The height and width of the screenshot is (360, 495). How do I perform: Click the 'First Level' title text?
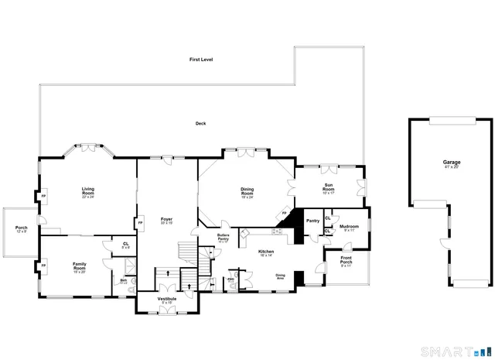pyautogui.click(x=201, y=60)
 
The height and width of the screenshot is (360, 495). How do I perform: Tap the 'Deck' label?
pyautogui.click(x=200, y=123)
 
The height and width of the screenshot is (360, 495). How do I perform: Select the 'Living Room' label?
pyautogui.click(x=87, y=190)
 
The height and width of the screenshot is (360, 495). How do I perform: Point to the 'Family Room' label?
pyautogui.click(x=80, y=266)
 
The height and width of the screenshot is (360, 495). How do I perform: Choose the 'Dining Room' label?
pyautogui.click(x=247, y=191)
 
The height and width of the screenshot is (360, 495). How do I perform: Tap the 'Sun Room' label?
pyautogui.click(x=328, y=188)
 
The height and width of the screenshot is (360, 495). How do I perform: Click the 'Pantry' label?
pyautogui.click(x=312, y=221)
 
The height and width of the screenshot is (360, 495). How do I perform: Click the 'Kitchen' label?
pyautogui.click(x=266, y=252)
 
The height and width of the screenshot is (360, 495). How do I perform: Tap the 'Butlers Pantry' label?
pyautogui.click(x=223, y=238)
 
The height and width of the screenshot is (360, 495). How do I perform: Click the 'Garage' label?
pyautogui.click(x=451, y=163)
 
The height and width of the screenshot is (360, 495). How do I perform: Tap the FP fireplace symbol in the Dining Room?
pyautogui.click(x=284, y=213)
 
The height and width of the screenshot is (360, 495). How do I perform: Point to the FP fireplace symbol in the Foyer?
pyautogui.click(x=140, y=223)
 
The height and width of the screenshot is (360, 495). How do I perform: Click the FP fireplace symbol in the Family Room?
pyautogui.click(x=44, y=266)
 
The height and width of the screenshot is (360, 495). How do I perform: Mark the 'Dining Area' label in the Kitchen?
pyautogui.click(x=281, y=276)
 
